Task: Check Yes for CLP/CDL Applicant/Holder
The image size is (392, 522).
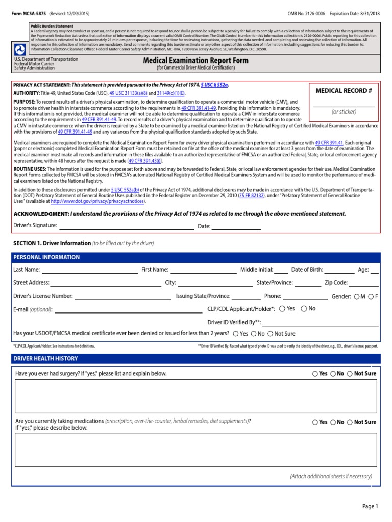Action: click(282, 309)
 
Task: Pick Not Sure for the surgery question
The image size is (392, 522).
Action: click(350, 374)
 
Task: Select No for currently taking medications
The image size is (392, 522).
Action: click(333, 422)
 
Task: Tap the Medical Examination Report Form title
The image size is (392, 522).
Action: click(196, 61)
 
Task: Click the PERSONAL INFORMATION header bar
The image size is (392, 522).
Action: click(195, 257)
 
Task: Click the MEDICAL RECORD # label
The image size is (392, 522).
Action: click(343, 91)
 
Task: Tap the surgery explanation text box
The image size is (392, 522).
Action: click(195, 396)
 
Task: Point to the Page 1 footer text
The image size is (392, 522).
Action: click(370, 506)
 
